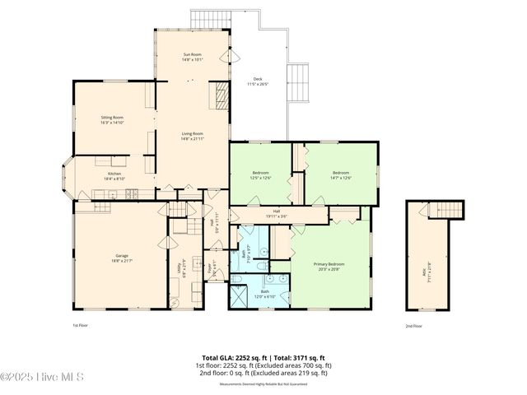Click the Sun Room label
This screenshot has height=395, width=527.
click(x=192, y=54)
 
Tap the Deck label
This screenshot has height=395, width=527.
click(x=258, y=79)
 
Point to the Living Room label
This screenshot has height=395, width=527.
click(x=192, y=133)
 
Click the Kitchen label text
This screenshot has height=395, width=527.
click(x=114, y=174)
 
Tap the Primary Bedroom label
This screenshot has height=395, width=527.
click(x=329, y=264)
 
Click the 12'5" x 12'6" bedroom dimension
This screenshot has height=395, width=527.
click(x=260, y=178)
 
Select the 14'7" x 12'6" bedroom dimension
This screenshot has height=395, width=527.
click(x=340, y=178)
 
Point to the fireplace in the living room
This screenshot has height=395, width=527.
click(x=222, y=96)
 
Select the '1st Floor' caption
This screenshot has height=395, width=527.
click(x=80, y=325)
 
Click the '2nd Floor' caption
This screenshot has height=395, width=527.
click(x=413, y=325)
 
